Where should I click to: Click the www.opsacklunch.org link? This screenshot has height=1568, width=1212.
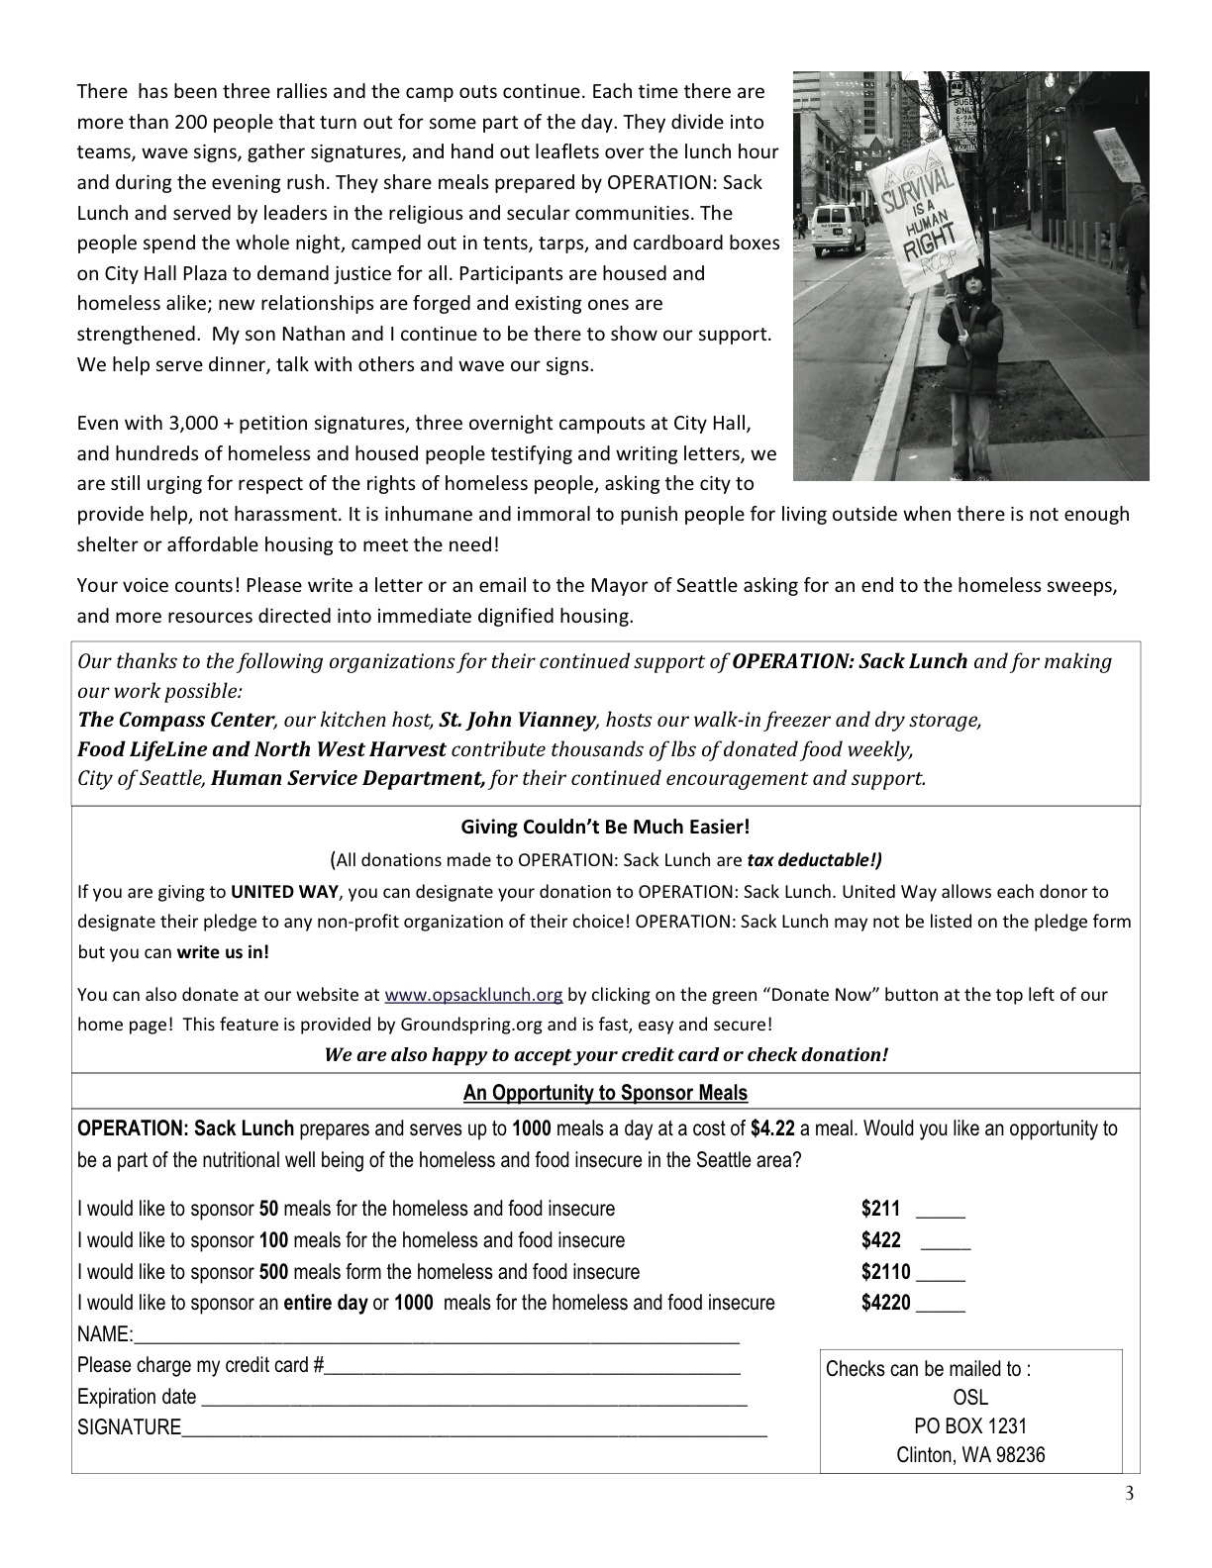click(x=473, y=995)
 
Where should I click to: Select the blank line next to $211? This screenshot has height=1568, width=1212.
click(x=941, y=1214)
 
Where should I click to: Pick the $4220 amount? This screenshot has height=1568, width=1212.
click(x=885, y=1303)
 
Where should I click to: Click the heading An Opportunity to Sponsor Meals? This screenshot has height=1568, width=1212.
click(x=605, y=1093)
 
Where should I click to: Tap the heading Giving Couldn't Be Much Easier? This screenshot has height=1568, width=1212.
click(x=605, y=827)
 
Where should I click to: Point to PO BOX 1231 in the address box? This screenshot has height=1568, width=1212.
click(x=970, y=1426)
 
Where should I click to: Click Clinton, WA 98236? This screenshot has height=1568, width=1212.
click(x=970, y=1455)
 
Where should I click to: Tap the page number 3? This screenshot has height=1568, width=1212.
click(x=1130, y=1494)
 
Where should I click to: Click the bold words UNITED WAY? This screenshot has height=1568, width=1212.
click(x=285, y=892)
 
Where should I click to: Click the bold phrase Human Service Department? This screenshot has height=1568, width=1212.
click(x=349, y=778)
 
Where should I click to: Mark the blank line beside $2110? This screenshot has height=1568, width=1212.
click(x=941, y=1277)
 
